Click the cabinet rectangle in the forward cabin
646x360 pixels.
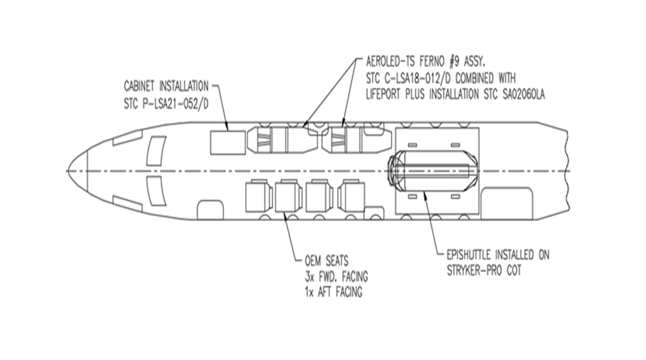pos(228,143)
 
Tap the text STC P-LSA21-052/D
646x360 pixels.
pos(166,105)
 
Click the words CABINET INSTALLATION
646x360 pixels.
pos(166,86)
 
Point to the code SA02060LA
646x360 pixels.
pos(524,95)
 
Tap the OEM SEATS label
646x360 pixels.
pos(326,261)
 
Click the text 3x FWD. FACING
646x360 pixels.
pos(336,277)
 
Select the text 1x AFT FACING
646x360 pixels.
pos(334,292)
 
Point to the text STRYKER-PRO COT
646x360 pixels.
pos(484,271)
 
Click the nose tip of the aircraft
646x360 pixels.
pos(67,171)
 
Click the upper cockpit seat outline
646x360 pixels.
pos(156,151)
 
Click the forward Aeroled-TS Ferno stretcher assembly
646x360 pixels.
pos(282,140)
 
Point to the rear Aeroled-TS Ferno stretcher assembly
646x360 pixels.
pos(357,140)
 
